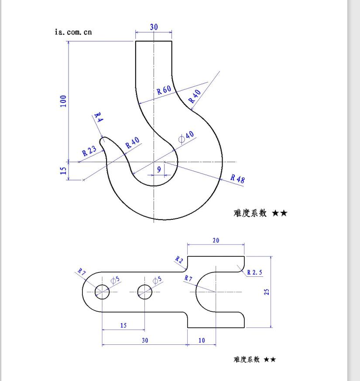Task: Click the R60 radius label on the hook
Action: tap(164, 90)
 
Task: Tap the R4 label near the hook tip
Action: tap(98, 118)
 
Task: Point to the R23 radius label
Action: tap(89, 151)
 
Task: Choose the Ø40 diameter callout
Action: tap(186, 136)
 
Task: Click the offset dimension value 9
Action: tap(159, 169)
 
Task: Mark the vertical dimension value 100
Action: tap(63, 101)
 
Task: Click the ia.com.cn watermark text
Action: tap(73, 32)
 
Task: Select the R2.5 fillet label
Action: tap(254, 272)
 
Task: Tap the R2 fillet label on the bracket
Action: tap(179, 260)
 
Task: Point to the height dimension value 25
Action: tap(267, 291)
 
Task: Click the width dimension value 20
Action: tap(216, 240)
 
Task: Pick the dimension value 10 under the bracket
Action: tap(202, 340)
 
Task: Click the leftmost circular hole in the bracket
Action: tap(102, 292)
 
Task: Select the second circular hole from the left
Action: tap(144, 292)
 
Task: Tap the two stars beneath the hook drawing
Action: tap(280, 213)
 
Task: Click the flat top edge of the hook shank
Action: tap(154, 41)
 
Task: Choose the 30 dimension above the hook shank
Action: tap(154, 27)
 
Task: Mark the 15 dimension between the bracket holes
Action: tap(123, 325)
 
